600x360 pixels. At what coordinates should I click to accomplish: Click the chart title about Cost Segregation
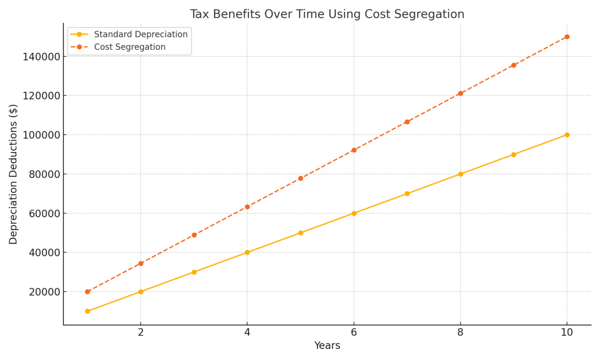[x=327, y=14]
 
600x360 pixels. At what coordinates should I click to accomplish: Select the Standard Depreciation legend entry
[x=141, y=35]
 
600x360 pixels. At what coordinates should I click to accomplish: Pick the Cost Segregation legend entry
[x=129, y=47]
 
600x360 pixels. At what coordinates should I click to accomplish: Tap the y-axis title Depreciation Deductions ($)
[x=13, y=174]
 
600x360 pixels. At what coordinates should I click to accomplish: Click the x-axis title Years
[x=327, y=346]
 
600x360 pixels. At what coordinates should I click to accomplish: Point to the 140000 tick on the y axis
[x=41, y=56]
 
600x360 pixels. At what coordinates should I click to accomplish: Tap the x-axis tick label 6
[x=354, y=332]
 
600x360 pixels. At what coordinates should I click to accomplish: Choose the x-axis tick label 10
[x=567, y=332]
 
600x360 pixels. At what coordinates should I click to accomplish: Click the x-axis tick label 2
[x=141, y=332]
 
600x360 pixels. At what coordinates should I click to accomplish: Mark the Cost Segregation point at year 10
[x=567, y=37]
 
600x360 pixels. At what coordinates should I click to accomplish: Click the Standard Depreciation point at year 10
[x=567, y=135]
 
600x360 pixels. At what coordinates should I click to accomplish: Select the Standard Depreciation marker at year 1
[x=87, y=311]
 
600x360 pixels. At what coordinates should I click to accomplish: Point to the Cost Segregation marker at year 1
[x=87, y=291]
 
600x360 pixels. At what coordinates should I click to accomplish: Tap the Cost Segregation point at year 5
[x=301, y=178]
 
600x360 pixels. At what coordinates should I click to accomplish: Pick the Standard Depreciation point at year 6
[x=354, y=213]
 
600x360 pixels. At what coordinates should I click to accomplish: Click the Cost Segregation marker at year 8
[x=461, y=93]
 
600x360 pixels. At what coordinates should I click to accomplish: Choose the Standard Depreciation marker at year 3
[x=194, y=272]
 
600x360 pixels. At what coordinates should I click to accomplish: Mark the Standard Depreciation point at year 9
[x=514, y=155]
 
